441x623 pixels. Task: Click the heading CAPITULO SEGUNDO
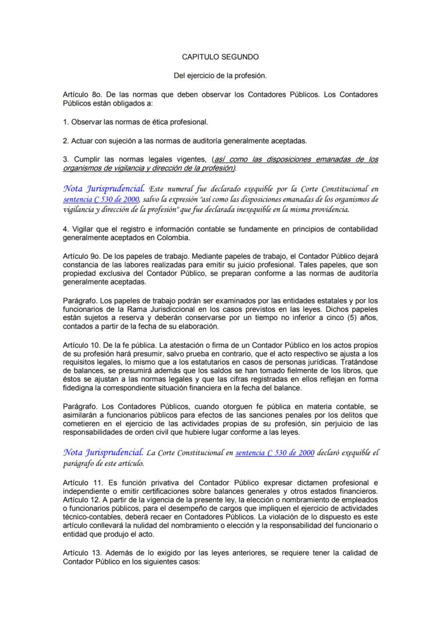coord(220,56)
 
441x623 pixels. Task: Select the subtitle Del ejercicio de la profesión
coord(220,76)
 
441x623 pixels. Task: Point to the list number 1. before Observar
coord(66,121)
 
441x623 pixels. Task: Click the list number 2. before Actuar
coord(66,141)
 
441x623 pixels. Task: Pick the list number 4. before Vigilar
coord(66,228)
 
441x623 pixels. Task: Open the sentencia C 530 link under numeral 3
coord(101,199)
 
